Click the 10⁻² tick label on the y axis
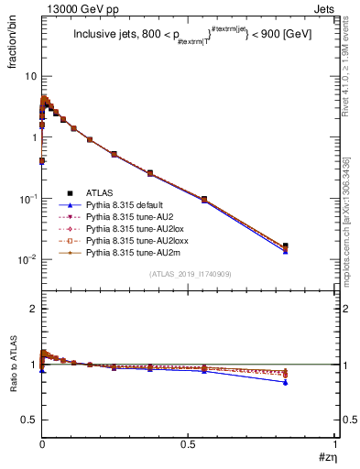point(27,259)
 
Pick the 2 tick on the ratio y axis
point(34,309)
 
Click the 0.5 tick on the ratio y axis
point(30,419)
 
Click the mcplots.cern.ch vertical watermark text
point(352,229)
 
